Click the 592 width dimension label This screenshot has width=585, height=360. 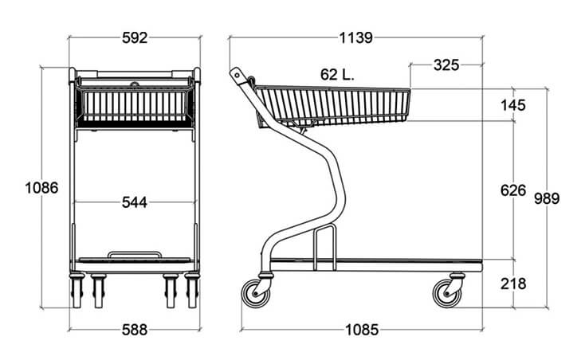135,37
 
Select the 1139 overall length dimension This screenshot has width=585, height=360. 355,37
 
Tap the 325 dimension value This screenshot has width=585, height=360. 446,65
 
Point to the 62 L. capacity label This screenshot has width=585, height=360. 337,75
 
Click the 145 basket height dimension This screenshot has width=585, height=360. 513,105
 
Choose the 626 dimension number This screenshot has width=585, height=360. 513,190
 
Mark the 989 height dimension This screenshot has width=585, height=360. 547,198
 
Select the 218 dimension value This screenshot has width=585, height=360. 513,284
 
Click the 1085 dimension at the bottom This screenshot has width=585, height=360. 362,330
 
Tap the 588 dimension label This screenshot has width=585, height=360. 135,330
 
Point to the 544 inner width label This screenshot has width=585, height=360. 135,202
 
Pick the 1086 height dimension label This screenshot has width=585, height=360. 41,188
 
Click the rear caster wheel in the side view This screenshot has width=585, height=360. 256,293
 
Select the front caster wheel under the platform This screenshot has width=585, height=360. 447,293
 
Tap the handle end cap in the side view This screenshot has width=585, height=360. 237,75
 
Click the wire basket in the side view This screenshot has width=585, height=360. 332,106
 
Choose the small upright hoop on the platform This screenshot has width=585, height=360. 324,228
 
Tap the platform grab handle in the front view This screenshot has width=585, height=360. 135,252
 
